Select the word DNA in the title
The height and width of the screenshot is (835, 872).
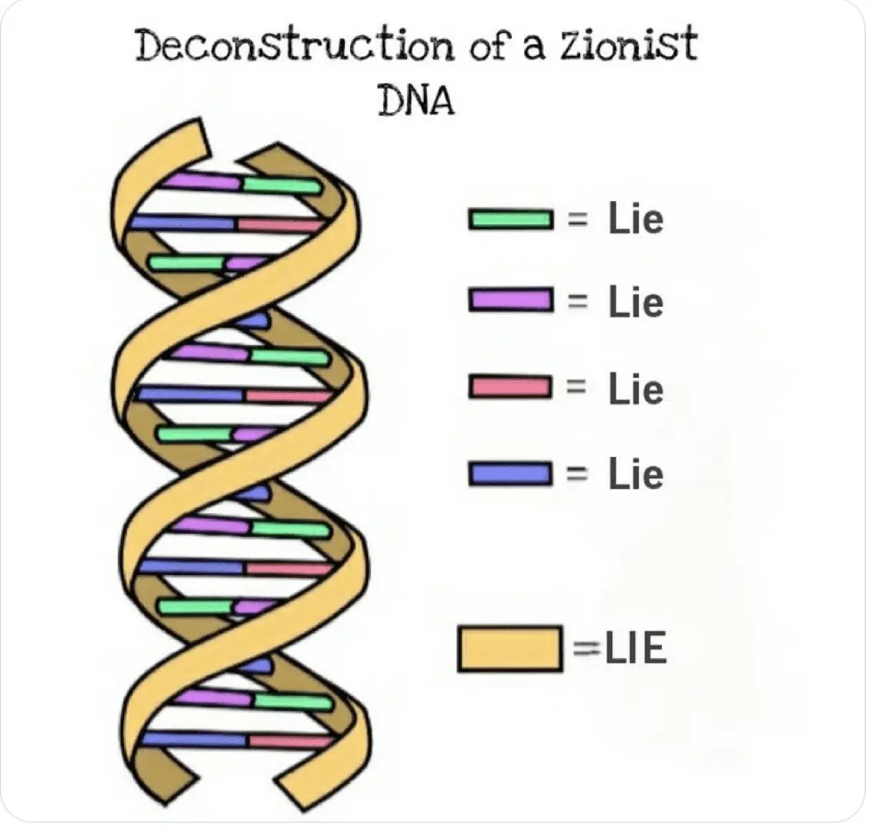[416, 101]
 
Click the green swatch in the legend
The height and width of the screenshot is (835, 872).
[510, 219]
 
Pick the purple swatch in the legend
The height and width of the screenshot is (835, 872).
[510, 300]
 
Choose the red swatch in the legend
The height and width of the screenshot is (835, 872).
[510, 387]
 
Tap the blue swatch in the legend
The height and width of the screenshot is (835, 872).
[510, 474]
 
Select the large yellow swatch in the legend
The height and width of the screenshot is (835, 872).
[510, 649]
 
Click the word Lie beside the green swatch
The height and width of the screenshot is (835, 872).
[636, 219]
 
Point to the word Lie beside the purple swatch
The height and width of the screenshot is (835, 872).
[636, 301]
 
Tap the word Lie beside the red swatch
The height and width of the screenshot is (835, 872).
[636, 388]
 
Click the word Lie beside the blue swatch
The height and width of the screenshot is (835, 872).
[636, 474]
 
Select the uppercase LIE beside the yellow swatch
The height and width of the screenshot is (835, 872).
[636, 649]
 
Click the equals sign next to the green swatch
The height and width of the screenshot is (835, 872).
[578, 220]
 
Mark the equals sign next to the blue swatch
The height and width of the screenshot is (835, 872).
[577, 474]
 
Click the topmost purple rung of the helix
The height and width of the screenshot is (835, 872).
[203, 181]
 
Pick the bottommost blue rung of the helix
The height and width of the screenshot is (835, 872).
[195, 739]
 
